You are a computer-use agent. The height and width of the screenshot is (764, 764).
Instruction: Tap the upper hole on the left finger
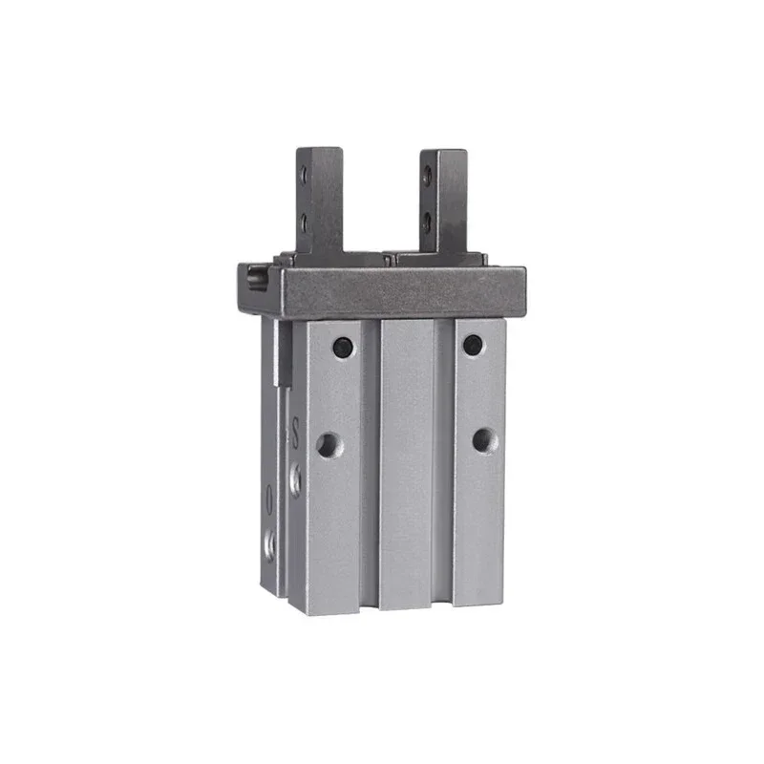point(304,176)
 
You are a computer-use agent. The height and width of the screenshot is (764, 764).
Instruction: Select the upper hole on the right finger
point(427,175)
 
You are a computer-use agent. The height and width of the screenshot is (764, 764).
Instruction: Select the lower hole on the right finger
point(427,221)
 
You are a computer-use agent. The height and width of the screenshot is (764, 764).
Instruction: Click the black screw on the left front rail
point(343,348)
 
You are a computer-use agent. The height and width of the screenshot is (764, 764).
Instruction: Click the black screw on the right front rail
point(473,346)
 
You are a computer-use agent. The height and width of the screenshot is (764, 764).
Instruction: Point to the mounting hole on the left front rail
point(329,444)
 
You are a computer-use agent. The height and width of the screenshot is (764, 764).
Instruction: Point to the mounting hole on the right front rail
point(484,440)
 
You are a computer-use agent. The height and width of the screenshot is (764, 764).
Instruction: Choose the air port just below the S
point(295,478)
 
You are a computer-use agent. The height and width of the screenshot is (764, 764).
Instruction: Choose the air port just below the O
point(270,544)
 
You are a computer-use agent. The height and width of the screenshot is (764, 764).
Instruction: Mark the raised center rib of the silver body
point(407,458)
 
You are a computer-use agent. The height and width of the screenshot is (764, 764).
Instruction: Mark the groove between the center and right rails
point(443,458)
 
